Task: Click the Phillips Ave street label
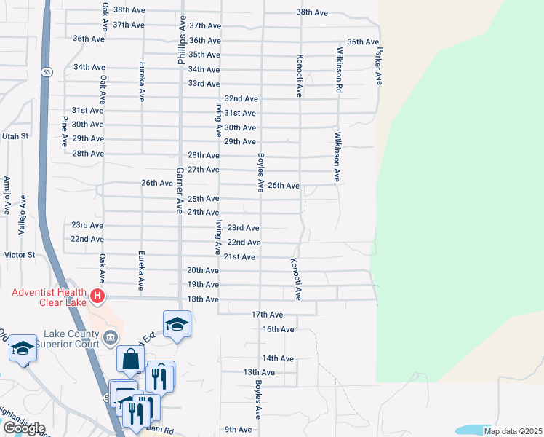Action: (x=180, y=41)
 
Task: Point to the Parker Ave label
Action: (x=377, y=66)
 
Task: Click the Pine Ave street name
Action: (x=65, y=130)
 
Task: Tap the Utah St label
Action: (x=15, y=136)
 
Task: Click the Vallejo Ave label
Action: (x=23, y=215)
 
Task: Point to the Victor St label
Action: (x=20, y=255)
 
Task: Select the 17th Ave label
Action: (x=267, y=315)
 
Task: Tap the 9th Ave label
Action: (x=238, y=430)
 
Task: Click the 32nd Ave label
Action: (x=241, y=98)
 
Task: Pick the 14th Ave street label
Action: (x=278, y=358)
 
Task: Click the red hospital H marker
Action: (x=97, y=297)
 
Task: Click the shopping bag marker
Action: (x=130, y=359)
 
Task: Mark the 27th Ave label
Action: (x=204, y=170)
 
